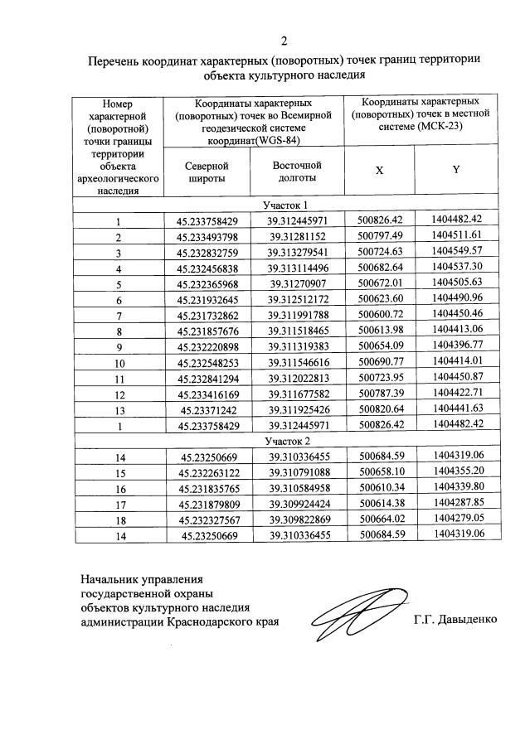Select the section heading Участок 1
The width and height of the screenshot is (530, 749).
click(286, 205)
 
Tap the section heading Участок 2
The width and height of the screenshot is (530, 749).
click(286, 441)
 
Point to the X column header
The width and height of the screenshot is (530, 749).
click(379, 170)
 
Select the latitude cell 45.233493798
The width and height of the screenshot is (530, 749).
click(207, 237)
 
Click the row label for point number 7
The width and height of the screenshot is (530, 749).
click(119, 316)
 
